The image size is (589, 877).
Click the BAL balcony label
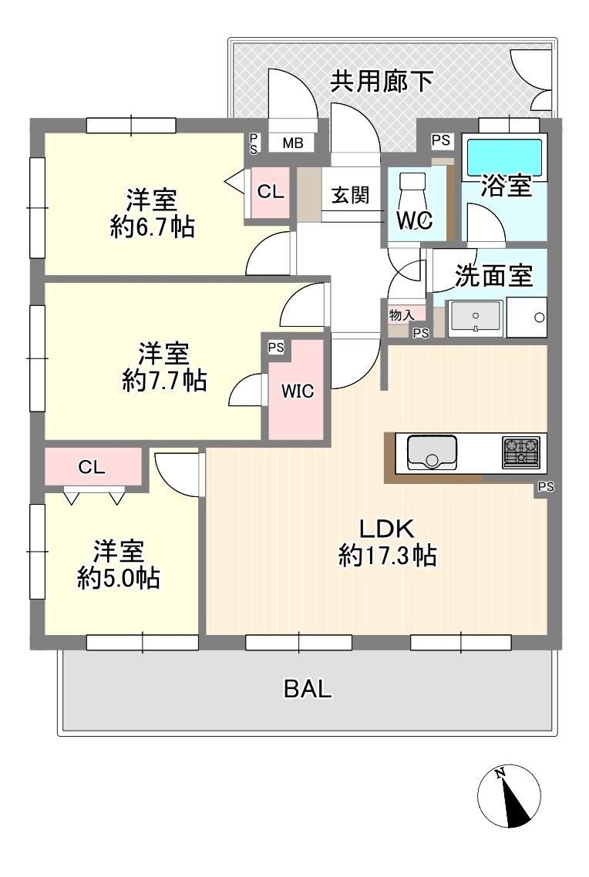(308, 688)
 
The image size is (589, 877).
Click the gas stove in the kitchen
(521, 452)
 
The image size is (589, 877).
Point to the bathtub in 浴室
(504, 156)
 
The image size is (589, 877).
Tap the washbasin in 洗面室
(475, 318)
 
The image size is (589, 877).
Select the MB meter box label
(292, 143)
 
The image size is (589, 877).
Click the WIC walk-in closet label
(297, 391)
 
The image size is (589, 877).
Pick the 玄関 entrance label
(350, 195)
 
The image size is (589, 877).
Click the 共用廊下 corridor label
(382, 82)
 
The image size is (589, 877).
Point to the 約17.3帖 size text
(388, 556)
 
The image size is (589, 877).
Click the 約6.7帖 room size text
(152, 227)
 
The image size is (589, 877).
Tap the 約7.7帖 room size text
(164, 381)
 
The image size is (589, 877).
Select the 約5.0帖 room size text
(119, 578)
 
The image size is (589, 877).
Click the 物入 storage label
(402, 315)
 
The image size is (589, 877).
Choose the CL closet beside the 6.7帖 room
(271, 192)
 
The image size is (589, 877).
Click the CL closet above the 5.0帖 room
(92, 466)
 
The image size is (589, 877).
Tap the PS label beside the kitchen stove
(546, 487)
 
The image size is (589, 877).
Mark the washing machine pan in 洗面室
(527, 318)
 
